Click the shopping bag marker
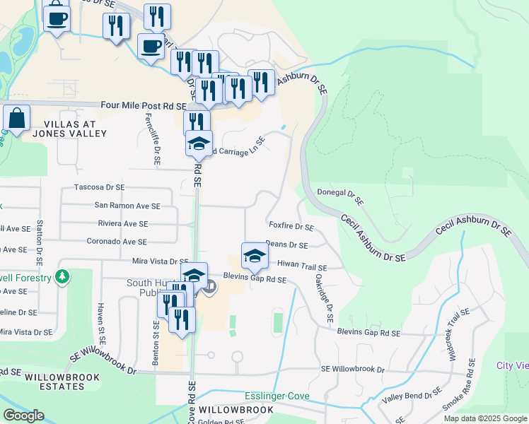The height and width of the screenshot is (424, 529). pyautogui.click(x=16, y=119)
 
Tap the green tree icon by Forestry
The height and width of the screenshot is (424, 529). pyautogui.click(x=64, y=276)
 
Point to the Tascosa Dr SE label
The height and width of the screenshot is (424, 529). pyautogui.click(x=99, y=188)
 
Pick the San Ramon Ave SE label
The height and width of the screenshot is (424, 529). pyautogui.click(x=127, y=206)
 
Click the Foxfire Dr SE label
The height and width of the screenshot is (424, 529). pyautogui.click(x=291, y=227)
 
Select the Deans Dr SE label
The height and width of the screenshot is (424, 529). pyautogui.click(x=286, y=245)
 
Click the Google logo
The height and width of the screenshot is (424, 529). pyautogui.click(x=23, y=416)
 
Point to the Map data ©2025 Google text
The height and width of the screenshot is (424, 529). pyautogui.click(x=484, y=418)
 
